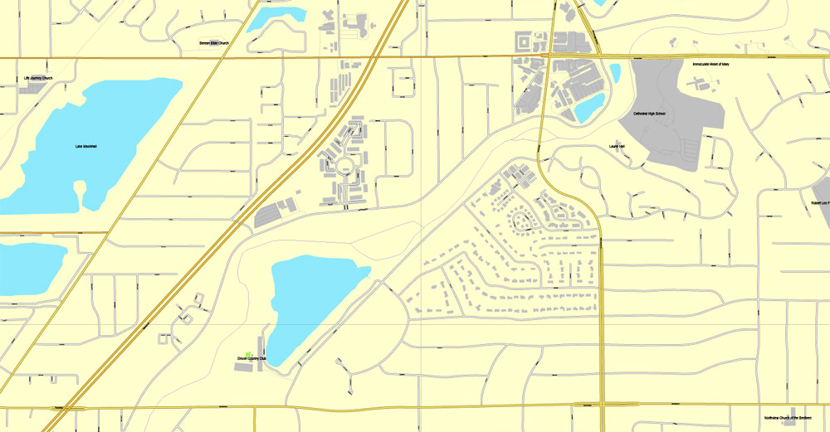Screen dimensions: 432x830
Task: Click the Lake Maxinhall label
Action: click(85, 147)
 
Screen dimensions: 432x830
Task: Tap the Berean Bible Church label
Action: click(213, 43)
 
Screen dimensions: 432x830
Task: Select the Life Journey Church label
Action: click(37, 79)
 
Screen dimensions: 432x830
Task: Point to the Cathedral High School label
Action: click(649, 114)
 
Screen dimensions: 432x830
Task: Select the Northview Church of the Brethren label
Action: click(789, 418)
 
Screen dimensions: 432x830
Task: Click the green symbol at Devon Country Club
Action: click(248, 354)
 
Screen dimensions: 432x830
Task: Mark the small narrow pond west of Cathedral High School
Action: click(615, 73)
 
